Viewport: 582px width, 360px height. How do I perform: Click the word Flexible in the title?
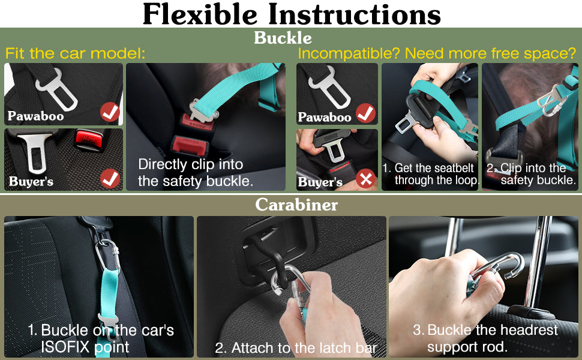click(200, 14)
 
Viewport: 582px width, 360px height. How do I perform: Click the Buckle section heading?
click(283, 38)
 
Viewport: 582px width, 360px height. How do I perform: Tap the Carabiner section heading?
click(296, 205)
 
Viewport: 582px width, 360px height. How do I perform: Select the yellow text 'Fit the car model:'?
click(76, 53)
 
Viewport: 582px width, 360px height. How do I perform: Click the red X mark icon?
click(365, 179)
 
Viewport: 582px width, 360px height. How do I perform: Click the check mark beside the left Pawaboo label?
click(110, 112)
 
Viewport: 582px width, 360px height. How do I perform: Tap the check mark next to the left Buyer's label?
click(110, 179)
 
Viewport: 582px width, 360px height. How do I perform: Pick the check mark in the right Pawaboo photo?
click(365, 113)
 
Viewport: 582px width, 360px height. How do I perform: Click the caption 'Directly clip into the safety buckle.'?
click(196, 173)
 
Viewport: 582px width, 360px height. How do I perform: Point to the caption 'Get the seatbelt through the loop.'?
click(431, 173)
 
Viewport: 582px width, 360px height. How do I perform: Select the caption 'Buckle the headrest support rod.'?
click(485, 338)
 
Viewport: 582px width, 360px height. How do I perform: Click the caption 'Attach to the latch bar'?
click(296, 348)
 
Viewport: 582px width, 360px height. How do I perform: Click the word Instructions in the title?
click(355, 14)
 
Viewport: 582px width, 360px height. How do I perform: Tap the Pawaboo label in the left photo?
click(35, 116)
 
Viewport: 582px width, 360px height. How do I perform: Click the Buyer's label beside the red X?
click(320, 182)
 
